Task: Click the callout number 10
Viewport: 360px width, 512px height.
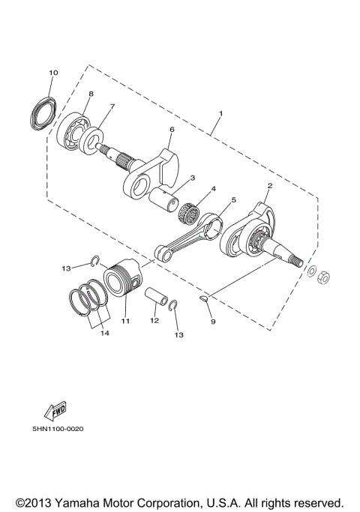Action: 52,73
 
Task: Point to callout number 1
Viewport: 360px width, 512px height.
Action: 220,115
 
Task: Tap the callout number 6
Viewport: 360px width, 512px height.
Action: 172,129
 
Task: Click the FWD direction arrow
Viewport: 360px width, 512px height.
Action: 55,411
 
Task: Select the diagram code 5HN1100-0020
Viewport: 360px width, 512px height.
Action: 57,430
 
